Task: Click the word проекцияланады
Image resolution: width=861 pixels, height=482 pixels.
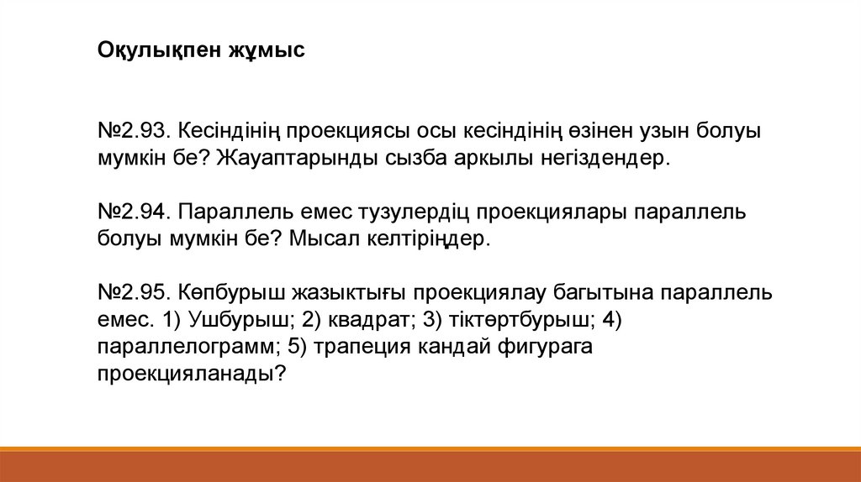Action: pos(192,375)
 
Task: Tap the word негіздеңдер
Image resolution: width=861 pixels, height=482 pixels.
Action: pos(605,159)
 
